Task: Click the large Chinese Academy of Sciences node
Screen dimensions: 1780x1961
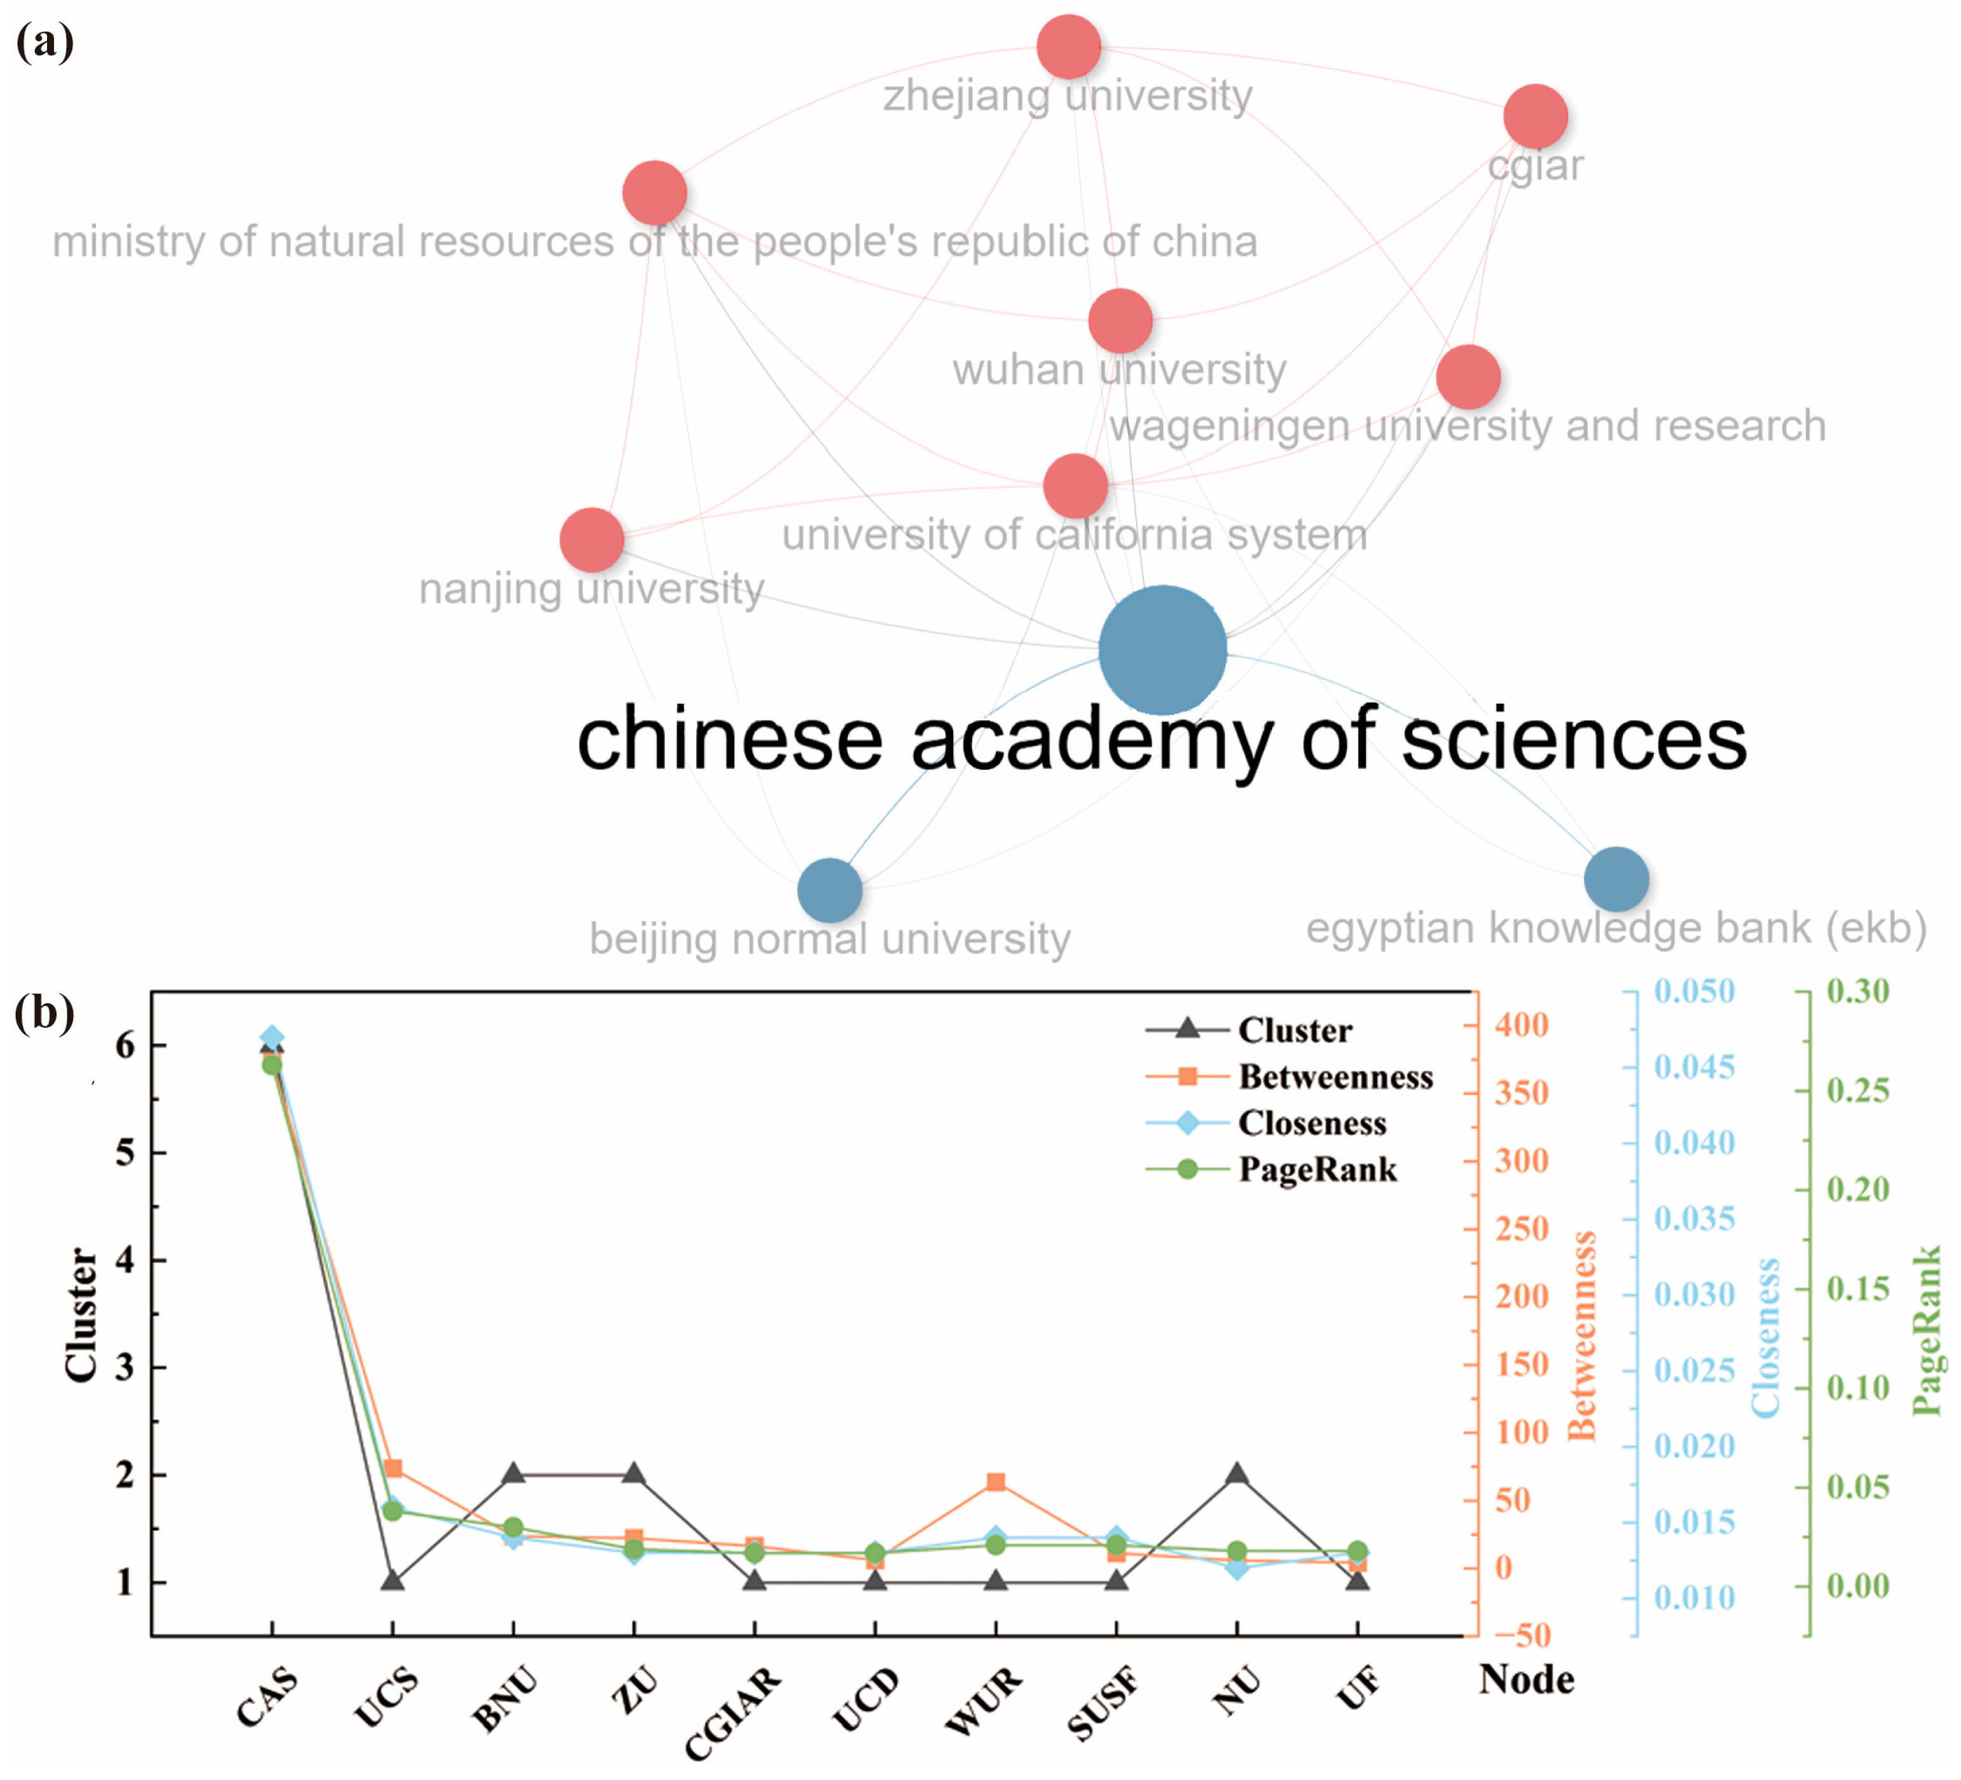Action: click(1161, 650)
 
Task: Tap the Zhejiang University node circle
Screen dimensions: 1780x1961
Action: click(1068, 47)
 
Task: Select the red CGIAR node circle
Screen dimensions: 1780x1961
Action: click(1534, 116)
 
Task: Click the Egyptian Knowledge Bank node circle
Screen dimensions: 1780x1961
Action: click(1616, 878)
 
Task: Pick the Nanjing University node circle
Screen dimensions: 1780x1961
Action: click(591, 540)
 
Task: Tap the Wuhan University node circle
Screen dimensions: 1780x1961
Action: click(1121, 321)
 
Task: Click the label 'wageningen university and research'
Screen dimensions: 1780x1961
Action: click(1467, 426)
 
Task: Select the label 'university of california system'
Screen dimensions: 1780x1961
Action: click(1074, 535)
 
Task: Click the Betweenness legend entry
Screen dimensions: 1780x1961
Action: click(1335, 1077)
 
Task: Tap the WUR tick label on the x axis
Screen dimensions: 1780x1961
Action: click(984, 1699)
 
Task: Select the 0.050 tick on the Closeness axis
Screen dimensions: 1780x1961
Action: click(1694, 991)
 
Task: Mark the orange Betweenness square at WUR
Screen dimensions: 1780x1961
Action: click(995, 1482)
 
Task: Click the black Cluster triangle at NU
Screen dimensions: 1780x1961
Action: click(1236, 1474)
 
